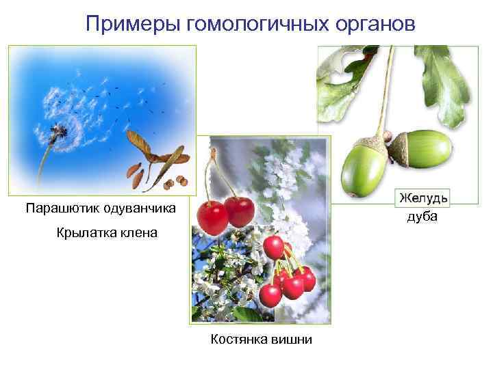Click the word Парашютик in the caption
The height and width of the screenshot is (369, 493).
58,207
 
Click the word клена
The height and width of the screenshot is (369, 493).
140,233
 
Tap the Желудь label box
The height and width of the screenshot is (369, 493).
423,197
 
